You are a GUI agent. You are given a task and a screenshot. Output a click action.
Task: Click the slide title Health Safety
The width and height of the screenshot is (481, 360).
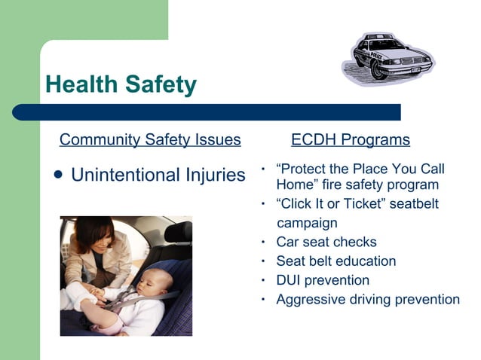click(x=121, y=84)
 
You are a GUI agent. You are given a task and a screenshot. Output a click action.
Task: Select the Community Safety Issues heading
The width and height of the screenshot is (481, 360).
click(x=150, y=139)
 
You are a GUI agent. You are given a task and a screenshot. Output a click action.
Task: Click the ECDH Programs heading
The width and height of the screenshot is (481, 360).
click(x=350, y=139)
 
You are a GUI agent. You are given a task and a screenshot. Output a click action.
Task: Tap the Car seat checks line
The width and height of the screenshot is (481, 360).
click(x=326, y=243)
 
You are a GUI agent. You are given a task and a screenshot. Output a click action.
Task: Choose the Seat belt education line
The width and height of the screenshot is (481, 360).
click(x=335, y=261)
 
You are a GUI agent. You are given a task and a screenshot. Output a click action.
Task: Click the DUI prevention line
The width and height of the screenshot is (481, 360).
click(x=323, y=280)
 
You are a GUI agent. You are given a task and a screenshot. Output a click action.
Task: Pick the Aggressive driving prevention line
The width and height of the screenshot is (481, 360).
click(x=367, y=299)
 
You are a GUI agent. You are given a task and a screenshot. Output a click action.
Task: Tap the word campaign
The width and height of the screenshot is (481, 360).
click(x=307, y=223)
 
